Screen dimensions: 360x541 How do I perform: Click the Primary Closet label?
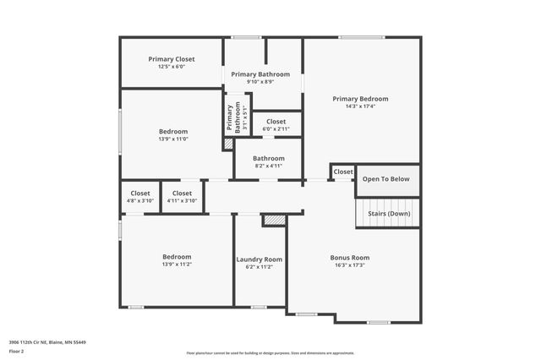point(172,59)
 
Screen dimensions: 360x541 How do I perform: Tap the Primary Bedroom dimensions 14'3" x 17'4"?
point(360,106)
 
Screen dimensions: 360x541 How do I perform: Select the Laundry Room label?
point(259,259)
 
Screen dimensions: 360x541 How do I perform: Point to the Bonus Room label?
point(349,258)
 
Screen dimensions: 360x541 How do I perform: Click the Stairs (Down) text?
point(389,214)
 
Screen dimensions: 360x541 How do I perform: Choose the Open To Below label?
point(385,179)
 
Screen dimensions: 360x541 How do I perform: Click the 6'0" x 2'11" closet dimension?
point(276,129)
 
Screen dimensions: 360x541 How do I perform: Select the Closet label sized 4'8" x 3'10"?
point(139,201)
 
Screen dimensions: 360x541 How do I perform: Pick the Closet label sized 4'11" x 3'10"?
point(182,201)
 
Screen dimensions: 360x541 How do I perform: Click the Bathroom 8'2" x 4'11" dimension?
point(268,166)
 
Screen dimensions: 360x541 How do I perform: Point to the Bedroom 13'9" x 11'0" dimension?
point(173,139)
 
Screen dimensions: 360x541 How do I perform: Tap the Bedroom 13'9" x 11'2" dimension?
point(177,265)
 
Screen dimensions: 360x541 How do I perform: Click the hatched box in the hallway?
point(274,221)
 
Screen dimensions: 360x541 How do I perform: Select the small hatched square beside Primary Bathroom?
point(227,145)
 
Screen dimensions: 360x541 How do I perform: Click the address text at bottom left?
point(48,342)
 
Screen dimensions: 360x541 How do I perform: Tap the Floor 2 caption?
point(17,350)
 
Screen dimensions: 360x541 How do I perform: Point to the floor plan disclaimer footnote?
point(270,353)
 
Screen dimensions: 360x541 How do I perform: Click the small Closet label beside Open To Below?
point(343,172)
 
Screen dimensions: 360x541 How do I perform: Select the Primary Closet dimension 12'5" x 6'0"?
point(172,67)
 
